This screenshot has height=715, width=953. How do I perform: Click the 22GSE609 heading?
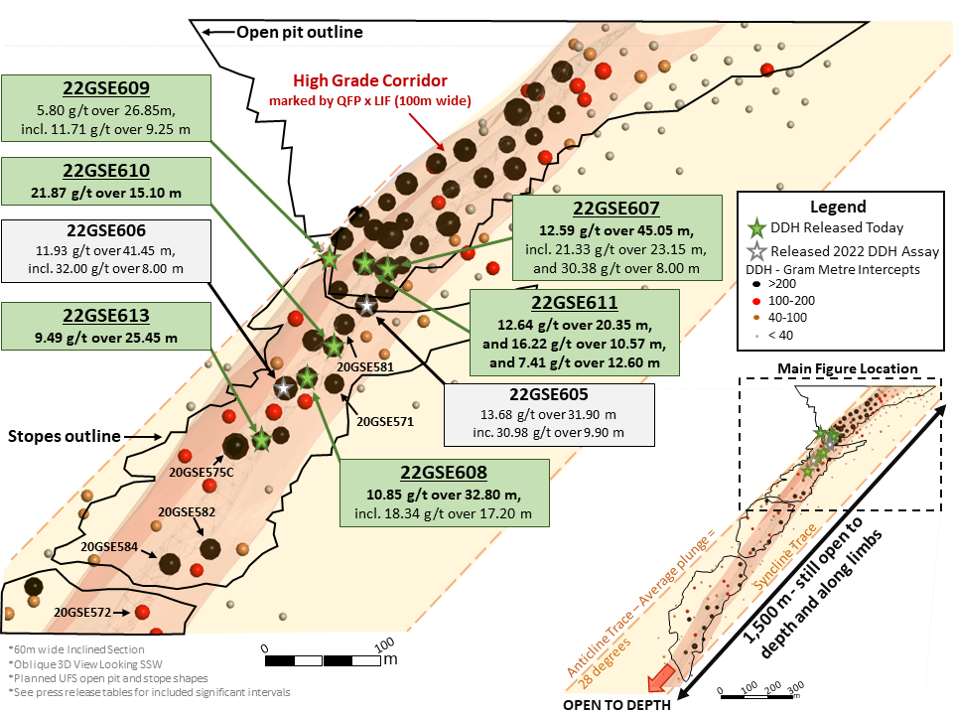click(x=105, y=86)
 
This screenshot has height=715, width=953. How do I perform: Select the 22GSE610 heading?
click(x=106, y=170)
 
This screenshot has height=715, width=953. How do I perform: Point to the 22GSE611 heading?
click(x=573, y=302)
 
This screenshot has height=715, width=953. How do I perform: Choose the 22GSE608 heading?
click(x=444, y=472)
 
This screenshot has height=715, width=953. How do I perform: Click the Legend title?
click(x=839, y=208)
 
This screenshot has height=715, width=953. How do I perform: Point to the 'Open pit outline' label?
click(x=299, y=32)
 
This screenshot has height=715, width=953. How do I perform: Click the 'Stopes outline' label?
click(x=65, y=436)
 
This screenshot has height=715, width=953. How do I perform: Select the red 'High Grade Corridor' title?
click(x=370, y=80)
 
